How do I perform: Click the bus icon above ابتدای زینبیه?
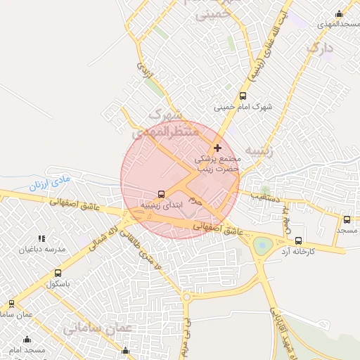point(162,194)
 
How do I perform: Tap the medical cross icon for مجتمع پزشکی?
point(217,148)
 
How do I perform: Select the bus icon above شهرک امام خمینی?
point(243,96)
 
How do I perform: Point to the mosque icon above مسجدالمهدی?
point(340,13)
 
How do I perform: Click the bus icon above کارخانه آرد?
point(298,240)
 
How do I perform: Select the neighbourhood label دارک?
point(319,48)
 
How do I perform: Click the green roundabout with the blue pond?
point(263,245)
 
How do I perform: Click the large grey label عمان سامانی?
point(98,328)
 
